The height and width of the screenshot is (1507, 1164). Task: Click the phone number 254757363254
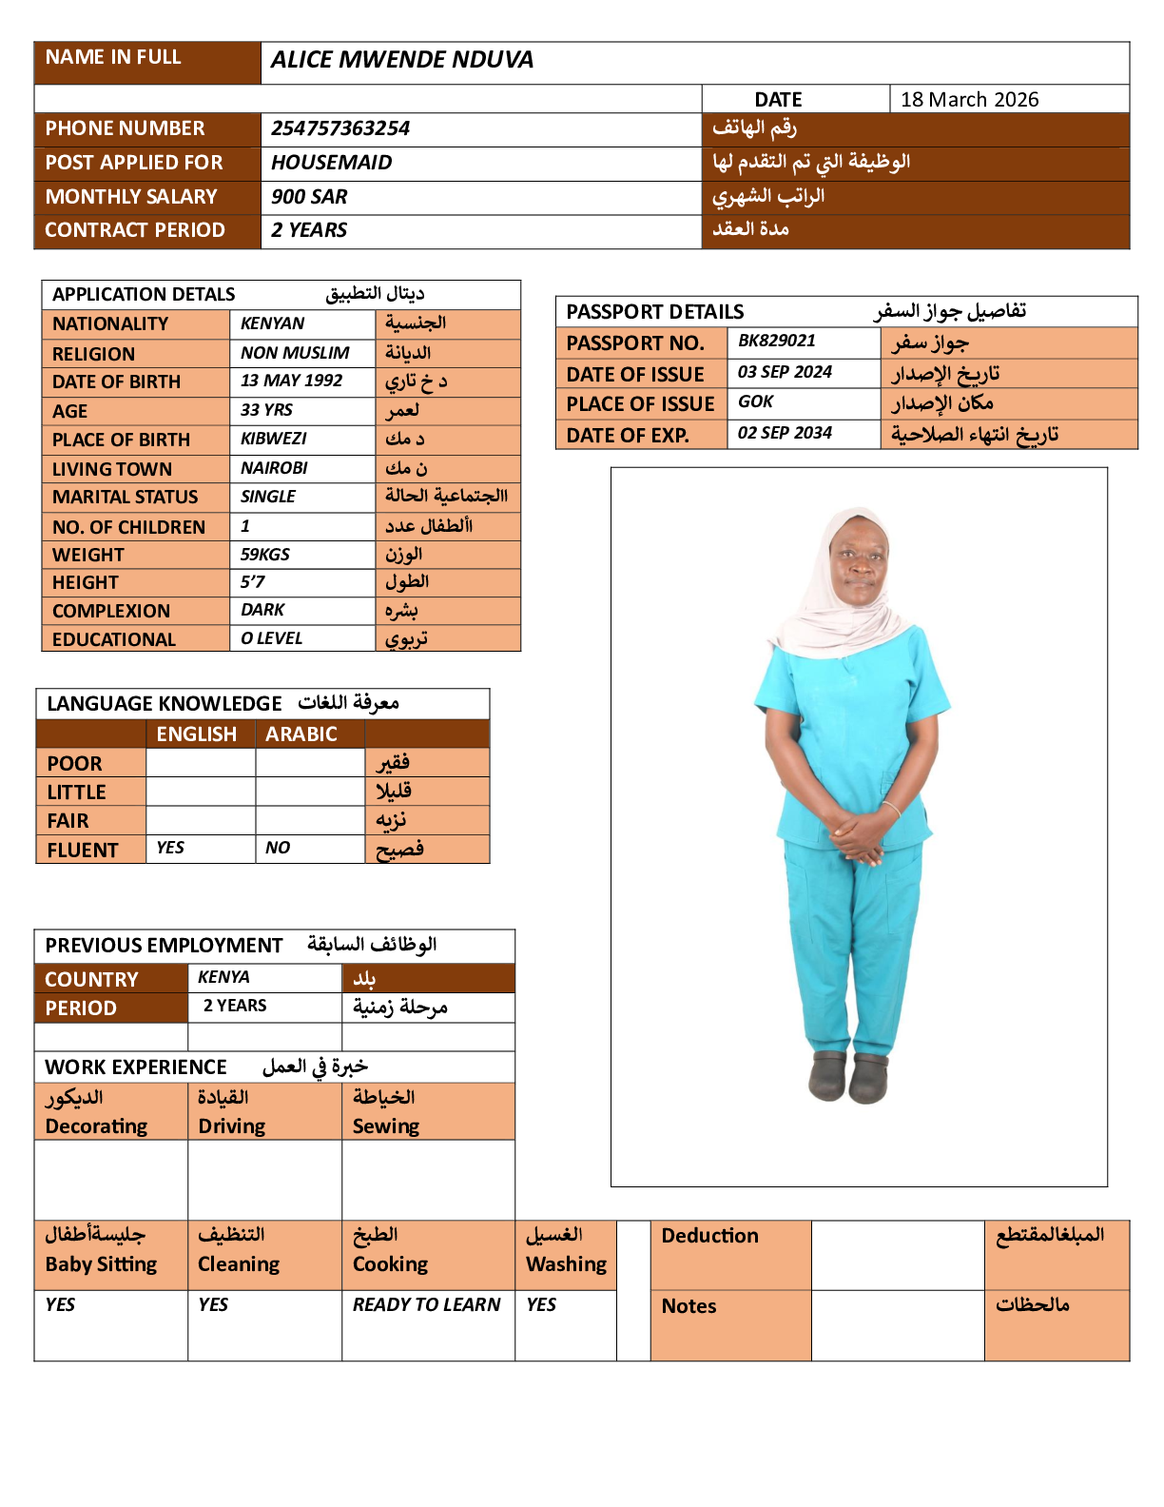(340, 128)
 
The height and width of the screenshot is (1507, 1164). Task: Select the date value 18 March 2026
(969, 100)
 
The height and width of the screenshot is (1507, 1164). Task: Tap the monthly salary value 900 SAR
(309, 197)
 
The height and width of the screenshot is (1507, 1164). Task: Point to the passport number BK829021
(777, 341)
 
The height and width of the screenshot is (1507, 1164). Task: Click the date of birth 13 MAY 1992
(291, 381)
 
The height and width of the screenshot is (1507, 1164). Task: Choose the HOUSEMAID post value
(331, 163)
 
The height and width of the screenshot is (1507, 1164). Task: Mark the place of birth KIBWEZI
(274, 439)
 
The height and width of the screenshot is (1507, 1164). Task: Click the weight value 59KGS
(265, 555)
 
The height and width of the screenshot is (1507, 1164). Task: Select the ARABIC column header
(301, 734)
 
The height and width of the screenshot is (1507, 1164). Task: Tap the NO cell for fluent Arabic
(278, 848)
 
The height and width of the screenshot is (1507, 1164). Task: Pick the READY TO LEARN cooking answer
(426, 1304)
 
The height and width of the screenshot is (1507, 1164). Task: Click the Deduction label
(709, 1236)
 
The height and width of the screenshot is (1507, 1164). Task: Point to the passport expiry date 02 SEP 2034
(785, 433)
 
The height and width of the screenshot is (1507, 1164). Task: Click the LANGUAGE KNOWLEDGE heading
(165, 704)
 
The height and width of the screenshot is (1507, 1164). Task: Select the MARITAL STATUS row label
(126, 498)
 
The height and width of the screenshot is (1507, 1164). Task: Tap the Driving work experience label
(232, 1126)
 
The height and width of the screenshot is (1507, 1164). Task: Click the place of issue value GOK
(756, 401)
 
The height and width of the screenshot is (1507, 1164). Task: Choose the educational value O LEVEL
(272, 638)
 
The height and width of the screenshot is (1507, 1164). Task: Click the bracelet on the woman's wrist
(892, 809)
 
